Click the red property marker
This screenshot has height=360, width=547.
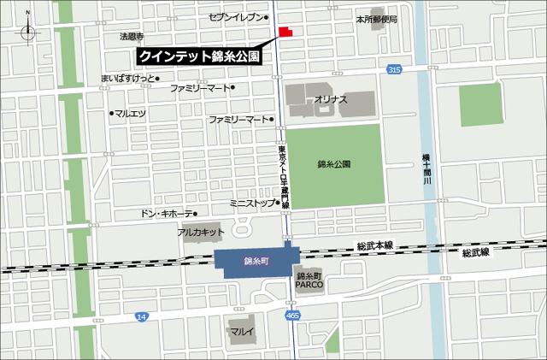point(285,32)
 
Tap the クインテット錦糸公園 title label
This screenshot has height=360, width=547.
point(199,56)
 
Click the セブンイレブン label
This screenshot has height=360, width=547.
point(240,17)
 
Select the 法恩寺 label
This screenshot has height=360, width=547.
point(132,37)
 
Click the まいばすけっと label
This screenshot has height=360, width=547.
point(128,79)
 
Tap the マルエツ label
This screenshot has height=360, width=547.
point(131,112)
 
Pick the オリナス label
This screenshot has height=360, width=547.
point(331,100)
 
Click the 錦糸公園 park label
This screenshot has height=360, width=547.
point(333,163)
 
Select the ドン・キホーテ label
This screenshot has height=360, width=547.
point(167,213)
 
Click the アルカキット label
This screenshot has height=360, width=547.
point(201,232)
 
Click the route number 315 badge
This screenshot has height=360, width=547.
point(393,69)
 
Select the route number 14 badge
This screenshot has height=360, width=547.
point(141,316)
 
